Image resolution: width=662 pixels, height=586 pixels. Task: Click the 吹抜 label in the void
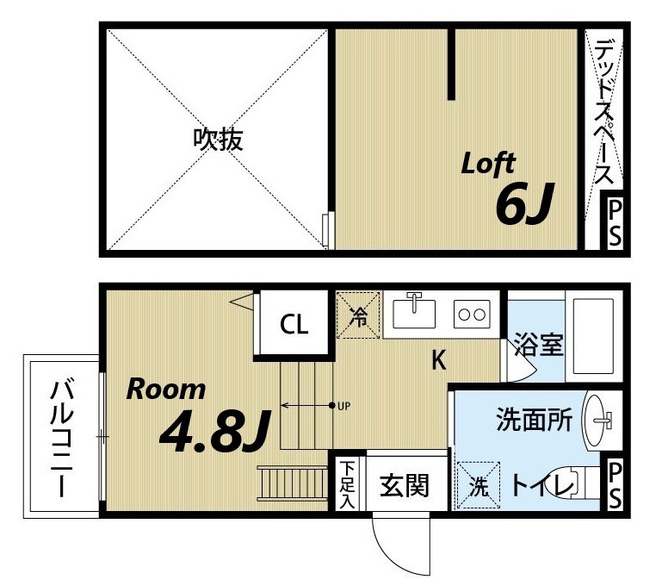coord(217,139)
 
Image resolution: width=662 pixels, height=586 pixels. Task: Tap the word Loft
coord(488,163)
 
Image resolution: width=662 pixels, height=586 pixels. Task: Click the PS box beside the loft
coord(615,223)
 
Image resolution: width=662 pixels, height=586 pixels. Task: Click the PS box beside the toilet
coord(615,484)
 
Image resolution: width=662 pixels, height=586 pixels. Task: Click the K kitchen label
coord(438,361)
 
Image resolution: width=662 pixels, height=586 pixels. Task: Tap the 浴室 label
coord(539,345)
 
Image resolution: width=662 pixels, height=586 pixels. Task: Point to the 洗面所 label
coord(534,421)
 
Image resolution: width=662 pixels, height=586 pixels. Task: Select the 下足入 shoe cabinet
coord(347,485)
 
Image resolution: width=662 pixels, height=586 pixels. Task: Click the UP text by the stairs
coord(343,405)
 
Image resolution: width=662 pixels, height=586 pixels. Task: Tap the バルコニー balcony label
coord(61,437)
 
